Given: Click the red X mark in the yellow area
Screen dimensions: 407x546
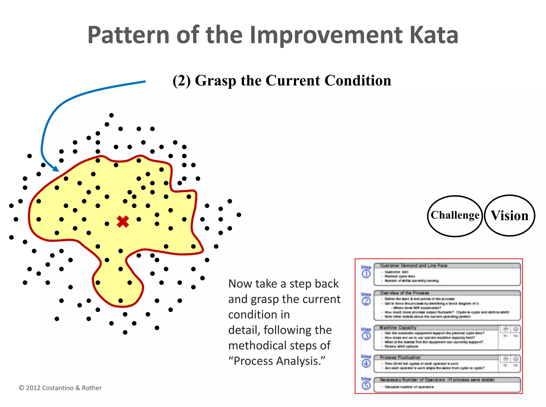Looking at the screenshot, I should pyautogui.click(x=123, y=222).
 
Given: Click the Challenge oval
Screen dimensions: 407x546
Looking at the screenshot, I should pyautogui.click(x=455, y=216).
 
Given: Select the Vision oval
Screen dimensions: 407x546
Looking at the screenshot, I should pyautogui.click(x=509, y=216).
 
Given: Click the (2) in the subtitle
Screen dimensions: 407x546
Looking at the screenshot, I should pyautogui.click(x=182, y=81).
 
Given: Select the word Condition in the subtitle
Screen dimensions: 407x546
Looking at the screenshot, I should pyautogui.click(x=358, y=81).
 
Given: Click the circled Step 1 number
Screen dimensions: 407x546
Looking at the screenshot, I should pyautogui.click(x=366, y=274).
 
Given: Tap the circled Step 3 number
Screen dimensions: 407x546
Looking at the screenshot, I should pyautogui.click(x=366, y=336).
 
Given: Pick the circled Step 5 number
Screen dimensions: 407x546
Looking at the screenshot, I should pyautogui.click(x=366, y=385).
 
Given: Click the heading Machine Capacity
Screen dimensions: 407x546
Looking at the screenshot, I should pyautogui.click(x=398, y=328).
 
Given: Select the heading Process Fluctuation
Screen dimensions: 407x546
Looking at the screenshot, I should pyautogui.click(x=400, y=357).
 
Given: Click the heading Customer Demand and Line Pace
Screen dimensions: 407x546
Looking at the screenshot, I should pyautogui.click(x=413, y=266).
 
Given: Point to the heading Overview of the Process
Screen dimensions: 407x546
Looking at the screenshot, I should pyautogui.click(x=404, y=293).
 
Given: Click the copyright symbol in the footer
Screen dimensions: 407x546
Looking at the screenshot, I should pyautogui.click(x=21, y=388).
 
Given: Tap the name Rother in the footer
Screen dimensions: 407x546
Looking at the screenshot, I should pyautogui.click(x=92, y=388).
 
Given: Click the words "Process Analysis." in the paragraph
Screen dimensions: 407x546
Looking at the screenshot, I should pyautogui.click(x=277, y=361).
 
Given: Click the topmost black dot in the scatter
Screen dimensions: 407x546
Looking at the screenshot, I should pyautogui.click(x=111, y=115).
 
